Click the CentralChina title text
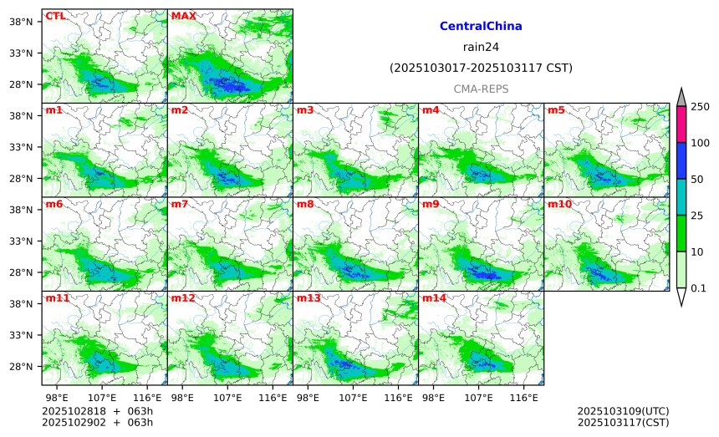click(x=481, y=27)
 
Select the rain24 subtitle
click(x=481, y=47)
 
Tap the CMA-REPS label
click(x=481, y=89)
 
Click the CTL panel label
click(x=55, y=16)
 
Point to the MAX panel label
click(x=183, y=16)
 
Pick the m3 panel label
click(x=304, y=110)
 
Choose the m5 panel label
click(x=555, y=110)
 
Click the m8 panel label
click(x=304, y=204)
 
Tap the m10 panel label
click(x=559, y=204)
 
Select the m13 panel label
click(x=309, y=298)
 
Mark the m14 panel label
click(x=434, y=298)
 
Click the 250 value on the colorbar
click(x=700, y=106)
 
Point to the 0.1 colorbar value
click(x=700, y=288)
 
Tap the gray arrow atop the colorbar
click(x=681, y=98)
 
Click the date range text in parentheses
click(x=481, y=68)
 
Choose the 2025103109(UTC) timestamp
click(x=623, y=412)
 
